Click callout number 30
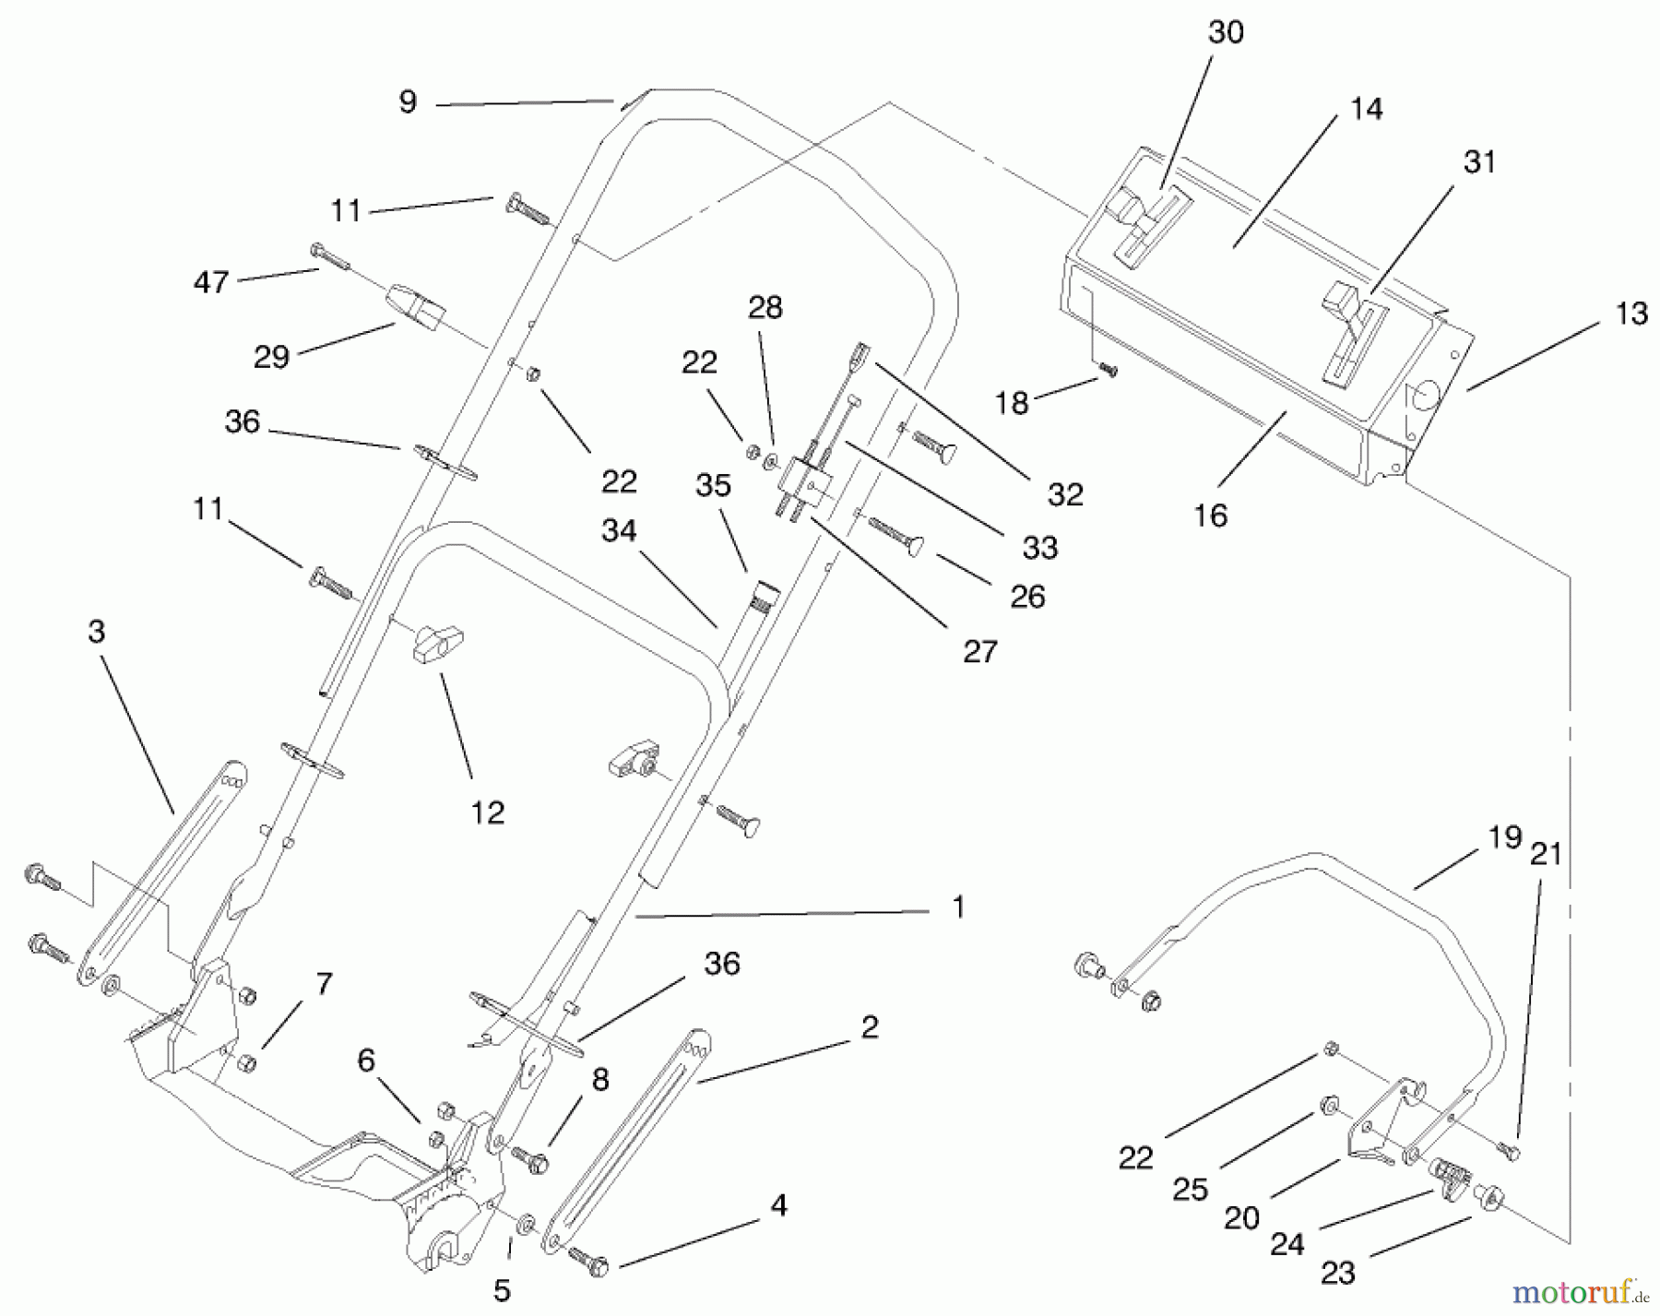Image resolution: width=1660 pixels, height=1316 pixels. tap(1226, 33)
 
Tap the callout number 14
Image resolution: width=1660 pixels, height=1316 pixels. tap(1366, 110)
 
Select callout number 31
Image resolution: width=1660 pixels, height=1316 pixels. tap(1479, 162)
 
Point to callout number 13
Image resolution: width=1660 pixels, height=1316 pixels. tap(1631, 314)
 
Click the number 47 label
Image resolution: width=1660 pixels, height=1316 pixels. tap(211, 281)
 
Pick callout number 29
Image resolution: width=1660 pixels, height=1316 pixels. tap(271, 357)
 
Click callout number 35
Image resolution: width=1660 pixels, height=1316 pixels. tap(713, 486)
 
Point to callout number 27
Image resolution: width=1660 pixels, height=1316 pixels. tap(979, 652)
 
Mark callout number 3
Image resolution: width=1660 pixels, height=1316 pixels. tap(97, 632)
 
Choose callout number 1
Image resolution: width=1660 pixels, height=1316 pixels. tap(958, 907)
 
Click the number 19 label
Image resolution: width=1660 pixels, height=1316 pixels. tap(1504, 837)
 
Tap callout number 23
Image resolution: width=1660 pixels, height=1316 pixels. tap(1337, 1273)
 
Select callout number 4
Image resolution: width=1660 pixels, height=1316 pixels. tap(779, 1205)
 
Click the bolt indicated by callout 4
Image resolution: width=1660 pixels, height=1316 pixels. tap(589, 1261)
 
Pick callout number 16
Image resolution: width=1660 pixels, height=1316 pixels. tap(1210, 516)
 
